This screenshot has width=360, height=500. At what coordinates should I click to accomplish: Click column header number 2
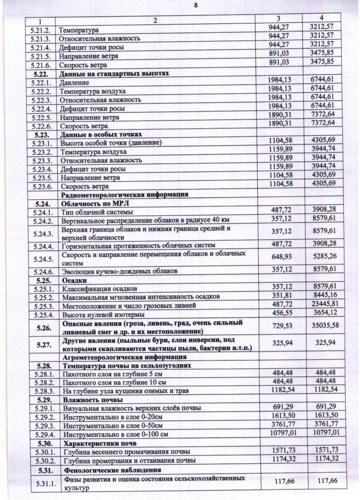tap(155, 21)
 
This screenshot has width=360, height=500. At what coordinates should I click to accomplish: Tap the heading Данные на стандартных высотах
tap(114, 73)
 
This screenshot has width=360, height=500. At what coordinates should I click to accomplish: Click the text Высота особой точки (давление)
tap(111, 143)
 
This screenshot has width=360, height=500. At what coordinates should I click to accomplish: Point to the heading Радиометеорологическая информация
tap(125, 195)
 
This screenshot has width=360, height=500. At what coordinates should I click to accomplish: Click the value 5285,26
tap(325, 256)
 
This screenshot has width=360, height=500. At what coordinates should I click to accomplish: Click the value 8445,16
tap(325, 295)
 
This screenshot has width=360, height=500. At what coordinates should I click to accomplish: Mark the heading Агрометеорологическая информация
tap(125, 357)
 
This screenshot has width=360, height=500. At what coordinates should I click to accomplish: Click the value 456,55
tap(282, 313)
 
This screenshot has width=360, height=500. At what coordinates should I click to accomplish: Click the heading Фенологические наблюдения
tap(112, 470)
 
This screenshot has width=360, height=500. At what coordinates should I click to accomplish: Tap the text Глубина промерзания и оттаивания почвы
tap(129, 461)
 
